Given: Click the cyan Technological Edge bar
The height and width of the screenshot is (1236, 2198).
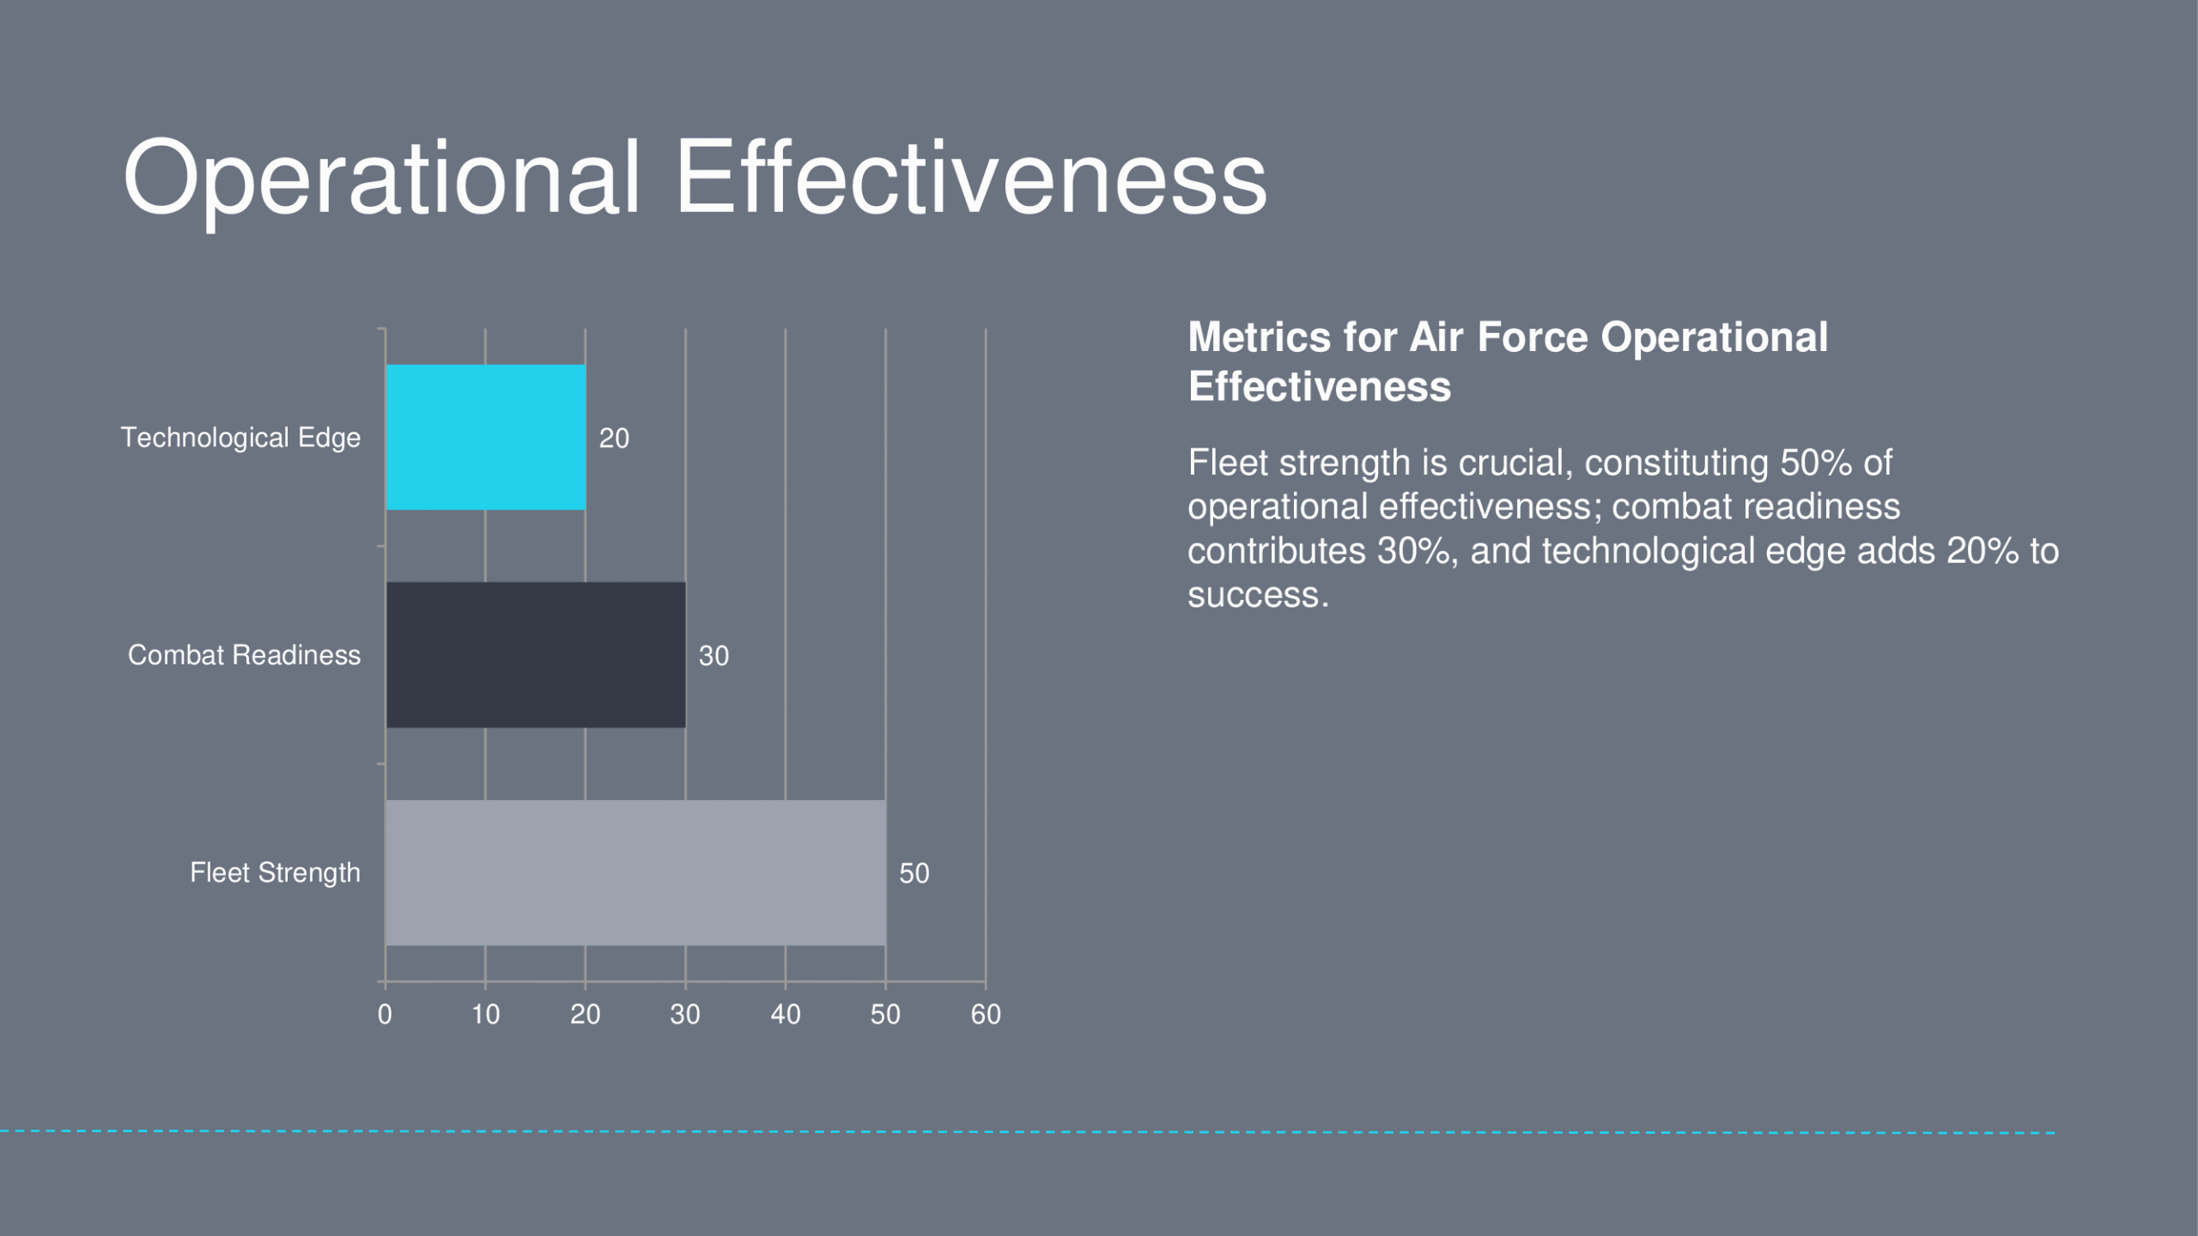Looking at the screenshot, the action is [486, 437].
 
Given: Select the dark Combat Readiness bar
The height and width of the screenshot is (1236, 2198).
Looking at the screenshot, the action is [536, 655].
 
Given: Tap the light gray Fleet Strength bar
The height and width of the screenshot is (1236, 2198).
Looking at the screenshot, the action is [635, 873].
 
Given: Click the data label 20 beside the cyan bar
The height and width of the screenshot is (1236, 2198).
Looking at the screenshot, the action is [614, 439].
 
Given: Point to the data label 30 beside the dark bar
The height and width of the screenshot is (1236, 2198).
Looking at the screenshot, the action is [713, 657].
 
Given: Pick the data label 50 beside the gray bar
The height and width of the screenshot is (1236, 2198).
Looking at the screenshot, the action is [914, 874].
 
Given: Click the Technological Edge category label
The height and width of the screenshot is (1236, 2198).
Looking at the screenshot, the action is [240, 438].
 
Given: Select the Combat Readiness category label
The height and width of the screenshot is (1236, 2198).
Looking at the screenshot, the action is [245, 655].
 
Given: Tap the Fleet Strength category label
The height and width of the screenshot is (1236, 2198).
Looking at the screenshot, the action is [276, 873].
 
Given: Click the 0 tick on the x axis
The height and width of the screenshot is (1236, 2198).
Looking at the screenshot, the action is [385, 1015].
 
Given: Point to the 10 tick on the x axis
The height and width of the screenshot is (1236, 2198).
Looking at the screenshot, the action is [485, 1015].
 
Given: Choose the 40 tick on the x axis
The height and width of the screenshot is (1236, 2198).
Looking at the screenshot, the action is [786, 1015].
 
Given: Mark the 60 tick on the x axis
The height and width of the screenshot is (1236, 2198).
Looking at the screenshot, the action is [986, 1015].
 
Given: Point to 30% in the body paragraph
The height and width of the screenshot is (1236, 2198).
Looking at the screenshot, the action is [1414, 551].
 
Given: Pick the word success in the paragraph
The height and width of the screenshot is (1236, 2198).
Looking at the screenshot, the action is [1258, 595].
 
